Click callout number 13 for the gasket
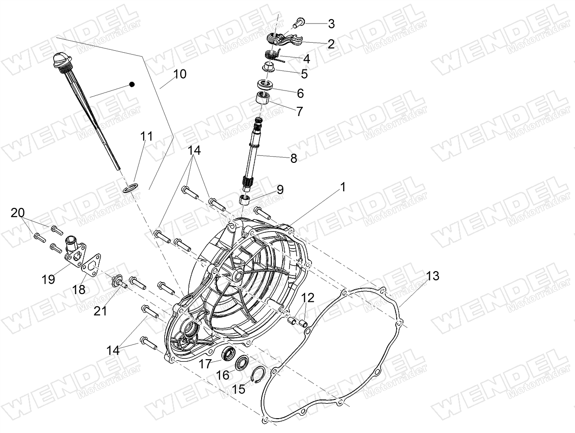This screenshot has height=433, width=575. click(x=432, y=276)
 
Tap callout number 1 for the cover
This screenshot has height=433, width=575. click(x=343, y=187)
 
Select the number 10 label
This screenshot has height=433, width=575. click(x=180, y=74)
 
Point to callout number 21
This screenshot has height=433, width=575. click(x=100, y=311)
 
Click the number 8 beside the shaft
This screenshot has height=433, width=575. click(x=294, y=158)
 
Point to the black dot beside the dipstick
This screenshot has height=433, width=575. click(x=132, y=84)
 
